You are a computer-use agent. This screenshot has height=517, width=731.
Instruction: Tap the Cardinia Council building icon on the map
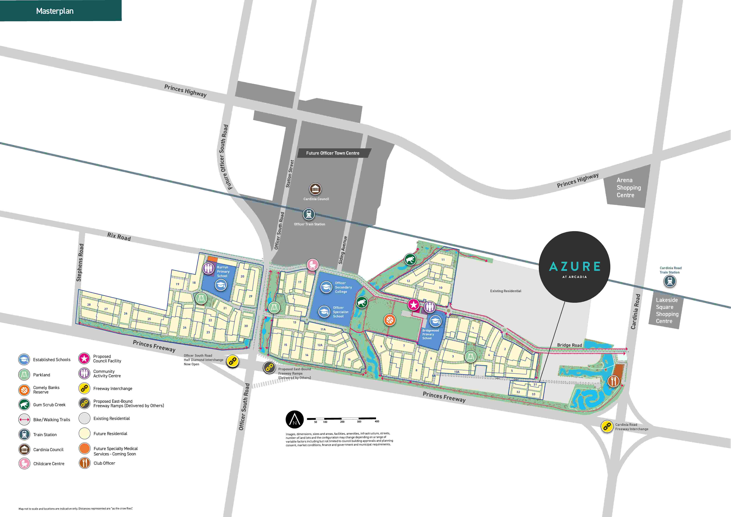tap(315, 189)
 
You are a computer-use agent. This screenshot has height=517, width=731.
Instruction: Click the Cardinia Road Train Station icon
tap(670, 281)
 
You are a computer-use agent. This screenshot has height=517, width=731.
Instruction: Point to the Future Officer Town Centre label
tap(333, 153)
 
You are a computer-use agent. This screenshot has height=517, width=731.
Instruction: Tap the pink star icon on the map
tap(414, 305)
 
